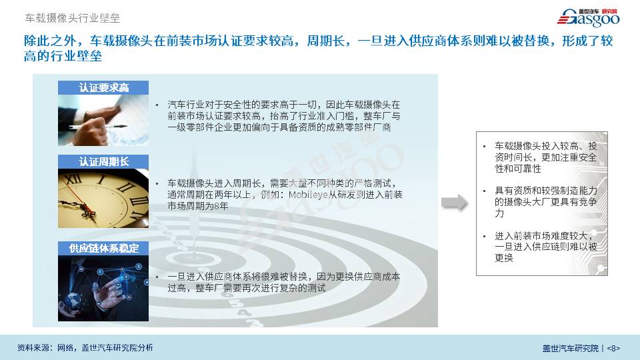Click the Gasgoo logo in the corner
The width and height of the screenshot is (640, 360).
(588, 17)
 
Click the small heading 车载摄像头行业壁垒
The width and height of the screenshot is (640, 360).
(72, 18)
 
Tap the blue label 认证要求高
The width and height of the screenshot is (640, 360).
(103, 88)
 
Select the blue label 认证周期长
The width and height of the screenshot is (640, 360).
(103, 161)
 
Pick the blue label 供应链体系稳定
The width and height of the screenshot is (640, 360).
(103, 248)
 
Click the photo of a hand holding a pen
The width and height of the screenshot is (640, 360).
(103, 121)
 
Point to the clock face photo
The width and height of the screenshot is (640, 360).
(103, 199)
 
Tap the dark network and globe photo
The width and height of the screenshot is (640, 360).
(103, 288)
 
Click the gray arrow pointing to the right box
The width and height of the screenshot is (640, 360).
(454, 203)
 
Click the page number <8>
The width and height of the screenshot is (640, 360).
(613, 348)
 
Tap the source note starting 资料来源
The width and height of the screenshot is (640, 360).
(85, 348)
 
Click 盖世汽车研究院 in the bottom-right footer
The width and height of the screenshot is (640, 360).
(570, 348)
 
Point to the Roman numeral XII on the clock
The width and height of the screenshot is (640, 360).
(73, 179)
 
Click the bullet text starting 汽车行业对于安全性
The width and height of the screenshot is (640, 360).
(284, 116)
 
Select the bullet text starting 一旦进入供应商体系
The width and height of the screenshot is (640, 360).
(284, 283)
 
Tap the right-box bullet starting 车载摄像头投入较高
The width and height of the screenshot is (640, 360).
(546, 157)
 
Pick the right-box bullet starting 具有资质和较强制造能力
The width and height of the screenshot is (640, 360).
(546, 201)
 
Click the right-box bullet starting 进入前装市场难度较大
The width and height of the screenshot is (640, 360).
(546, 247)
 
